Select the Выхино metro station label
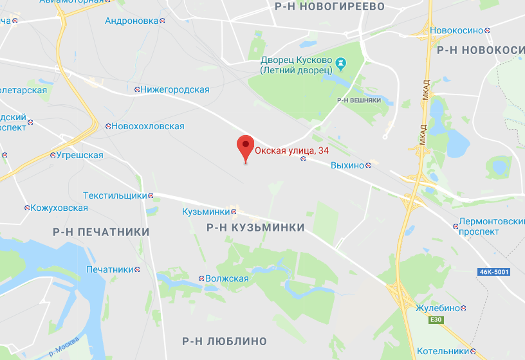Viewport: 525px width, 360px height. [347, 166]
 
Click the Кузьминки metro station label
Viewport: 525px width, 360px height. [206, 212]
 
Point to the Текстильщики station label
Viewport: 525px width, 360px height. [115, 195]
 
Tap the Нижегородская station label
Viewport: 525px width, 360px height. [175, 90]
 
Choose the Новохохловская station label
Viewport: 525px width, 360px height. [147, 127]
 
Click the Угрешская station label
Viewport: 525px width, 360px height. [79, 155]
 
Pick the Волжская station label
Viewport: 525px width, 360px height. [226, 278]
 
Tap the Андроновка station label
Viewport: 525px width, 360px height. [131, 21]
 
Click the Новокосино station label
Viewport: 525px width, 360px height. [456, 30]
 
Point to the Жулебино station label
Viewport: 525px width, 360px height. [438, 308]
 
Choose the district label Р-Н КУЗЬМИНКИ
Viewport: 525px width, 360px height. [255, 228]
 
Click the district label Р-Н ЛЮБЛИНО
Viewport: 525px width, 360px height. [224, 341]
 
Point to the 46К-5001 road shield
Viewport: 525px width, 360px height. [493, 272]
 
